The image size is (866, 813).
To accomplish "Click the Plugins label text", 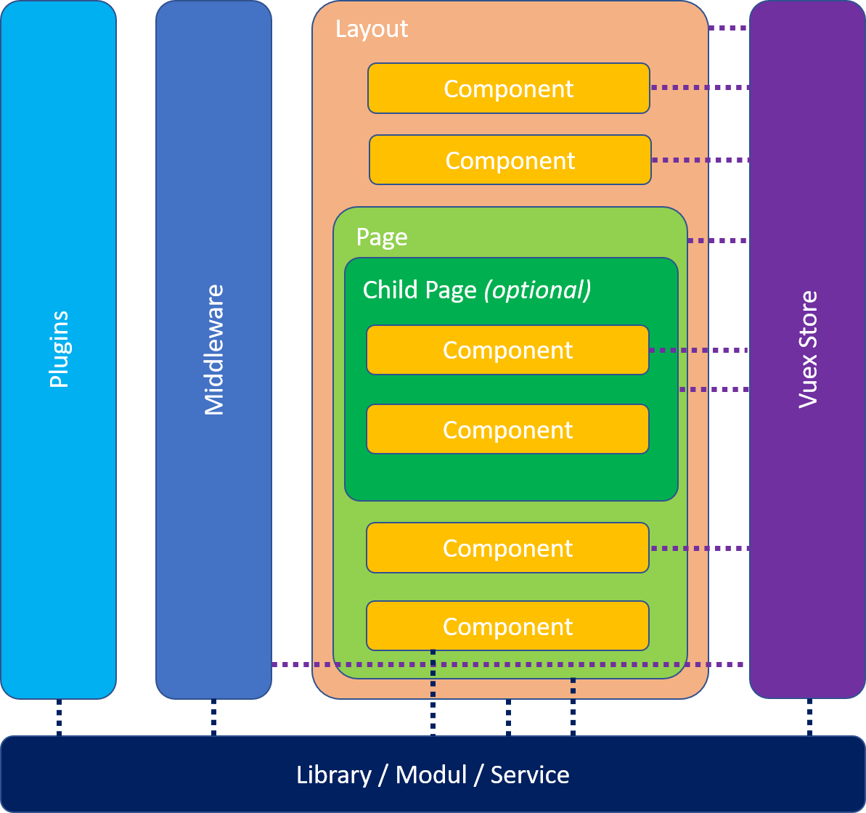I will (59, 349).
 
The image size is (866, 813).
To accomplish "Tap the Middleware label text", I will (213, 350).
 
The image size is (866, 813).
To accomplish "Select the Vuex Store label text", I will (807, 349).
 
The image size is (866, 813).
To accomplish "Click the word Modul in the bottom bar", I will (431, 775).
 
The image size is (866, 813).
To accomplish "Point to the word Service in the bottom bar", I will (530, 775).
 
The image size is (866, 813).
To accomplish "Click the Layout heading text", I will (372, 29).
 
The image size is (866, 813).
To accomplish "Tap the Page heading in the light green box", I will (382, 237).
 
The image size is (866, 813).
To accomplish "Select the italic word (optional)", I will (537, 290).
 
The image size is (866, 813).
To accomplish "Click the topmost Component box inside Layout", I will (508, 89).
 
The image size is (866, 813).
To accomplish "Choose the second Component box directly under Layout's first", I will (510, 160).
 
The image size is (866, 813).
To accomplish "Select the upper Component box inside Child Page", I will (507, 350).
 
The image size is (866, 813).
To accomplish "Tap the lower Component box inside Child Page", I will (507, 429).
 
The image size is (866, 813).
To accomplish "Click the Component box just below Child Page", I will (507, 548).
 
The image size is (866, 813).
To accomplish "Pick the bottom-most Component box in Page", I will (507, 626).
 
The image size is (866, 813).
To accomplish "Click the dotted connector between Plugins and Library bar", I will (59, 718).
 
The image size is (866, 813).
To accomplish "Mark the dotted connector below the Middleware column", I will (213, 718).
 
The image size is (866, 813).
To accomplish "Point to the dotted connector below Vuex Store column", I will (809, 718).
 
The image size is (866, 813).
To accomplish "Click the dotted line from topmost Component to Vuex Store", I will (699, 88).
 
